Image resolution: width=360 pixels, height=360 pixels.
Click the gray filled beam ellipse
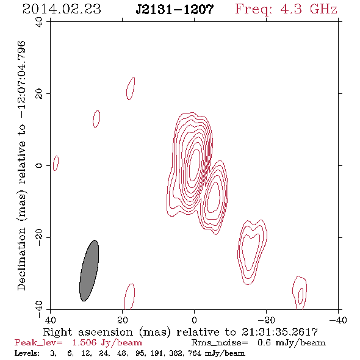coord(89,271)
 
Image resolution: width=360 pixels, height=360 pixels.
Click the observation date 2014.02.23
coord(62,9)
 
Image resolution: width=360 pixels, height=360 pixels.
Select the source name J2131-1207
coord(175,10)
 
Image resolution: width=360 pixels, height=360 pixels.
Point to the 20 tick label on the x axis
coord(123,320)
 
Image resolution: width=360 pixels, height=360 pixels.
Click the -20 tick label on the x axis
coord(266,320)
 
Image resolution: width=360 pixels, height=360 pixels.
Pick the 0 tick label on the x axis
coord(195,320)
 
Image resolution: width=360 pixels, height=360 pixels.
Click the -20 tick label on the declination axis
coord(39,237)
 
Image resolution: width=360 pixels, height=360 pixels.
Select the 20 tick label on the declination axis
coord(39,94)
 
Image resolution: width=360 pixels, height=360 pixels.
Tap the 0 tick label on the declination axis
coord(39,165)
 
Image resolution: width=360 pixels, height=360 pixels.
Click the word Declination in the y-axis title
coord(21,259)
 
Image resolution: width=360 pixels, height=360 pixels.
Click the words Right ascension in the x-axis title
coord(88,332)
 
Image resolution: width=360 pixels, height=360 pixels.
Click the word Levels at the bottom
coord(27,353)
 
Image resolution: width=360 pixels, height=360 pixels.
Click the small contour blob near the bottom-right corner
coord(300,293)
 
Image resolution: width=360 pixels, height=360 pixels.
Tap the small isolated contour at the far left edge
coord(56,164)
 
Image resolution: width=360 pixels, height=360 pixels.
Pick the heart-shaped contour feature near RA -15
coord(252,252)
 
